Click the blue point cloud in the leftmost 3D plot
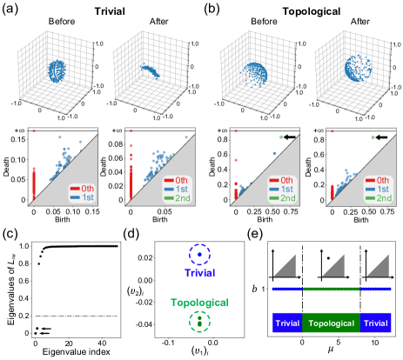point(57,70)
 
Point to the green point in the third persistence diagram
point(280,137)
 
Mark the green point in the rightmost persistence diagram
point(373,137)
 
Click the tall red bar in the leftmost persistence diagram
point(34,183)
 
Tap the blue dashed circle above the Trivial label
point(199,255)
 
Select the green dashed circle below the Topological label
point(199,322)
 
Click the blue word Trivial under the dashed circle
point(199,272)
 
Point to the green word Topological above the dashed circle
point(199,303)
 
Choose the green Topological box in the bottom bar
point(331,323)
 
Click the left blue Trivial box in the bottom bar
point(287,323)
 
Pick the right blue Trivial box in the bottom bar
point(375,323)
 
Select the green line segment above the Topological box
point(331,289)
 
